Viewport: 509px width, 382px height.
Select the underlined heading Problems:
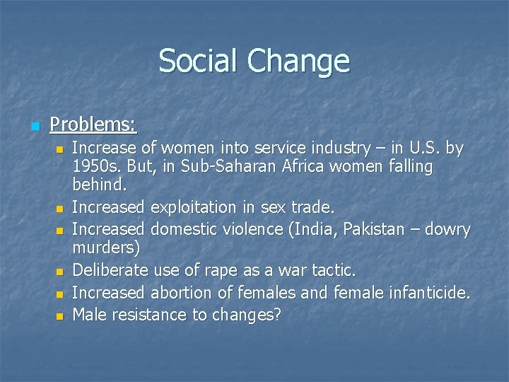pyautogui.click(x=93, y=125)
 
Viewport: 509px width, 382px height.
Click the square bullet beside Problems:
pyautogui.click(x=33, y=127)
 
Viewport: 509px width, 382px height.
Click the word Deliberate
pyautogui.click(x=107, y=270)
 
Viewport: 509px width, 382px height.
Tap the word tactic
pyautogui.click(x=334, y=270)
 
